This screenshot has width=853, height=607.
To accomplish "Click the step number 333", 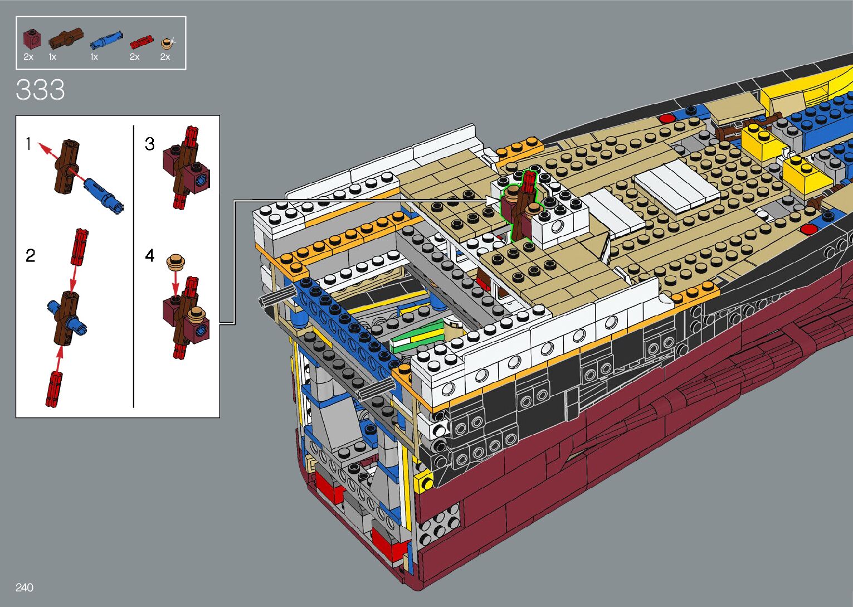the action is click(x=40, y=90).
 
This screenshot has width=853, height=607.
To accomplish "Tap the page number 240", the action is click(x=25, y=587).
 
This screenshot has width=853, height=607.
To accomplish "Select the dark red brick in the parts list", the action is click(x=32, y=39).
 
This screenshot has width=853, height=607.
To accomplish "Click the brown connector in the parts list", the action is click(x=66, y=38).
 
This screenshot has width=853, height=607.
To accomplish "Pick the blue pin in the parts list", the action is click(x=106, y=39).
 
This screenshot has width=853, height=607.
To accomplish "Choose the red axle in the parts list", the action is click(x=142, y=42).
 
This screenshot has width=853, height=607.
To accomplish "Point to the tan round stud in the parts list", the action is click(x=167, y=43).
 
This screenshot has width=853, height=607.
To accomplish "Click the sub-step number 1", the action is click(x=28, y=144).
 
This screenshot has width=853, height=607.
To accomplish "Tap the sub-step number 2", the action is click(x=31, y=255).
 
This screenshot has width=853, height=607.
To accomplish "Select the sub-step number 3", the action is click(x=150, y=144).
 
